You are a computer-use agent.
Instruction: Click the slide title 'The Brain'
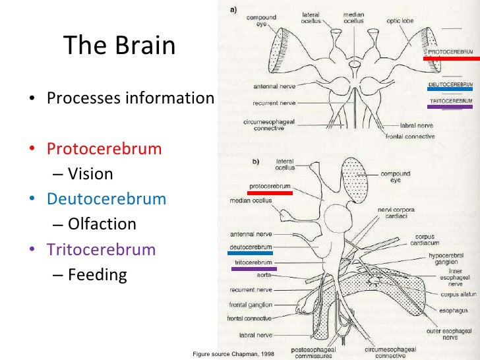click(119, 46)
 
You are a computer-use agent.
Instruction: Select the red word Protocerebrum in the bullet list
click(104, 148)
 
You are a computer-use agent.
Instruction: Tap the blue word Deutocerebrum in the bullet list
click(106, 198)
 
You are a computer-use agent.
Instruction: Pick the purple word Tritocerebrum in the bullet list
click(101, 250)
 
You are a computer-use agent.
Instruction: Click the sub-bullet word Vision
click(90, 174)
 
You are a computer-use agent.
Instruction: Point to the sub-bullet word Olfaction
click(102, 224)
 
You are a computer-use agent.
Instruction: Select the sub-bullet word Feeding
click(97, 275)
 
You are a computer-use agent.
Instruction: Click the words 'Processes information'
click(130, 98)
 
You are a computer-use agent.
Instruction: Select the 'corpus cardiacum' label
click(423, 239)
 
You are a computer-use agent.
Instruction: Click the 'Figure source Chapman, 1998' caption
click(233, 354)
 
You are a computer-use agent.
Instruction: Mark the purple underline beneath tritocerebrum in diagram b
click(253, 268)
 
